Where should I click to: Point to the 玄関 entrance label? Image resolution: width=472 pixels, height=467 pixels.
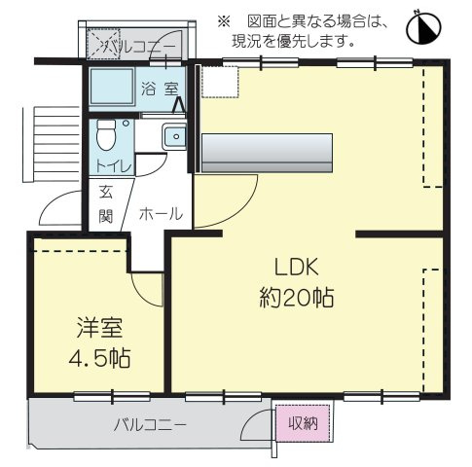[x=105, y=203]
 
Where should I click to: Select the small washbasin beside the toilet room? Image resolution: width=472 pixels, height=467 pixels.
[x=173, y=137]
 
